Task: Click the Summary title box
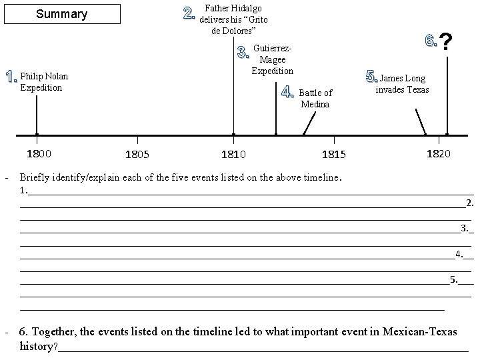pyautogui.click(x=61, y=14)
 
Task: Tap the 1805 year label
pyautogui.click(x=137, y=155)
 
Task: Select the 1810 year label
pyautogui.click(x=233, y=155)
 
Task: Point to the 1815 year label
pyautogui.click(x=334, y=155)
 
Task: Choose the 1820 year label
pyautogui.click(x=438, y=154)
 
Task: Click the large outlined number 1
pyautogui.click(x=11, y=77)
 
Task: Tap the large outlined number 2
pyautogui.click(x=190, y=13)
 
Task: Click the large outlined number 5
pyautogui.click(x=372, y=75)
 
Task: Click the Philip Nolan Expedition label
pyautogui.click(x=44, y=82)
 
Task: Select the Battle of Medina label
pyautogui.click(x=315, y=98)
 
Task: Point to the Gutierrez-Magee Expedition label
pyautogui.click(x=272, y=59)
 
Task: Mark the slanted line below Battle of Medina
pyautogui.click(x=309, y=123)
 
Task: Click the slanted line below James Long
pyautogui.click(x=421, y=122)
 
